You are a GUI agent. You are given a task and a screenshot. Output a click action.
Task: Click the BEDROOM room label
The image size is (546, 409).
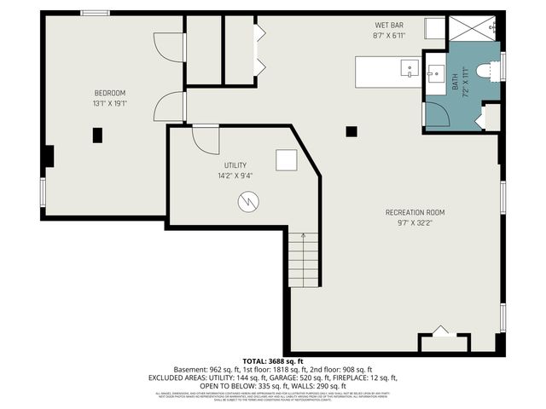pos(110,93)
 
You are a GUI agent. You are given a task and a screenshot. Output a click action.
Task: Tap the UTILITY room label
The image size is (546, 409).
pos(235,164)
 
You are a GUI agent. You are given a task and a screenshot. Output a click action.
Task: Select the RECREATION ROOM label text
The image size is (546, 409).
pos(415,212)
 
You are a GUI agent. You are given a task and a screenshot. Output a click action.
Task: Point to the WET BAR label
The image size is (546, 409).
pos(388,26)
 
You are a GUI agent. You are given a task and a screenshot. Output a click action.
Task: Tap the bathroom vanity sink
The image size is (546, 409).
pos(437,71)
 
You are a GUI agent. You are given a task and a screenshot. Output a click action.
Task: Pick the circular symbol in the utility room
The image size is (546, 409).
pos(248,202)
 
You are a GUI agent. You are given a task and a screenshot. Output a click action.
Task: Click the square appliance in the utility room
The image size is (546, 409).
pos(286,160)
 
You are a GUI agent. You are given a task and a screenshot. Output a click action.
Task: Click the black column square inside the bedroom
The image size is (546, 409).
pos(97,135)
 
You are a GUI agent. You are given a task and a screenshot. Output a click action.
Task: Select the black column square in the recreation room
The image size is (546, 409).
pos(351,132)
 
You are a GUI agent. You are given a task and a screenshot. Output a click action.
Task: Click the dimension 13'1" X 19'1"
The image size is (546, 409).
pos(110,104)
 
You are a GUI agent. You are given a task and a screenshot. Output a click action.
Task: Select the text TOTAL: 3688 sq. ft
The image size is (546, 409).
pos(274,361)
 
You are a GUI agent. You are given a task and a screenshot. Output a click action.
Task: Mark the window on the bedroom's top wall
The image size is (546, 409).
pos(93,13)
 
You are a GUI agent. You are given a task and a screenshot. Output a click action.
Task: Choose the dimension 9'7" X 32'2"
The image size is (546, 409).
pos(415,223)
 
